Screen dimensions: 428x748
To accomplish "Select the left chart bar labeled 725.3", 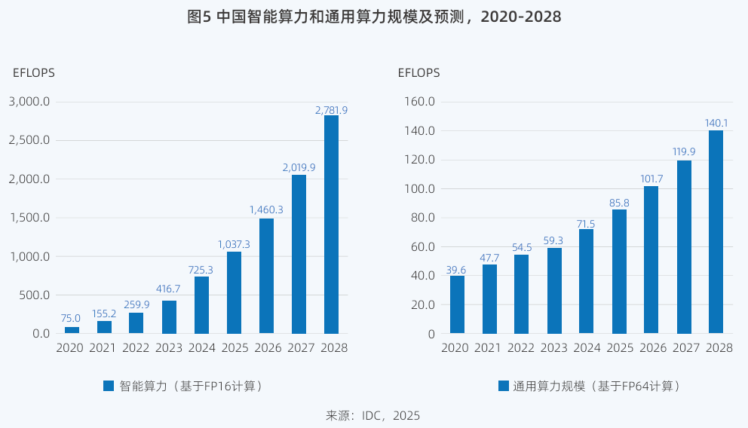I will tap(201, 305).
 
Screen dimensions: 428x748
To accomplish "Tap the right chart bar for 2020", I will tap(457, 304).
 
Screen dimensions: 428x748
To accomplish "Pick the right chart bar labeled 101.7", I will tap(651, 260).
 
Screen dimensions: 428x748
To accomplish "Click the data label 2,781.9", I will tap(331, 110).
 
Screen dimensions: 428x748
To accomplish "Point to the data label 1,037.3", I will tap(234, 245).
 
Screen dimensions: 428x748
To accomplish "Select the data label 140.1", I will tap(716, 123).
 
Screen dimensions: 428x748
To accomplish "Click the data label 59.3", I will tap(554, 241).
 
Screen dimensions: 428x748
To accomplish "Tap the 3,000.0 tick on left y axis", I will tap(29, 102).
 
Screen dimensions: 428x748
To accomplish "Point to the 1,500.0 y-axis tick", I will tap(29, 218).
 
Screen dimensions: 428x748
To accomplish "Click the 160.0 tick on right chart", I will tap(420, 102).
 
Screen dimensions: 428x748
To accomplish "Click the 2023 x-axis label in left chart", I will tap(169, 348).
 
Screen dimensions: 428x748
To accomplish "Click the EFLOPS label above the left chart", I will tap(34, 73).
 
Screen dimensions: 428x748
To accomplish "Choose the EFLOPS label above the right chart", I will tap(418, 73).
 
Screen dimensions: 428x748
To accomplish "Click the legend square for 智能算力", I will tap(109, 386).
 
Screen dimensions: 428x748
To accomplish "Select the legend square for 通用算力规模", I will tap(503, 386).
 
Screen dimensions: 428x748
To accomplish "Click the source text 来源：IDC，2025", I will tap(372, 415).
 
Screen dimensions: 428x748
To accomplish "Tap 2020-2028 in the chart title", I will tap(521, 17).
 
